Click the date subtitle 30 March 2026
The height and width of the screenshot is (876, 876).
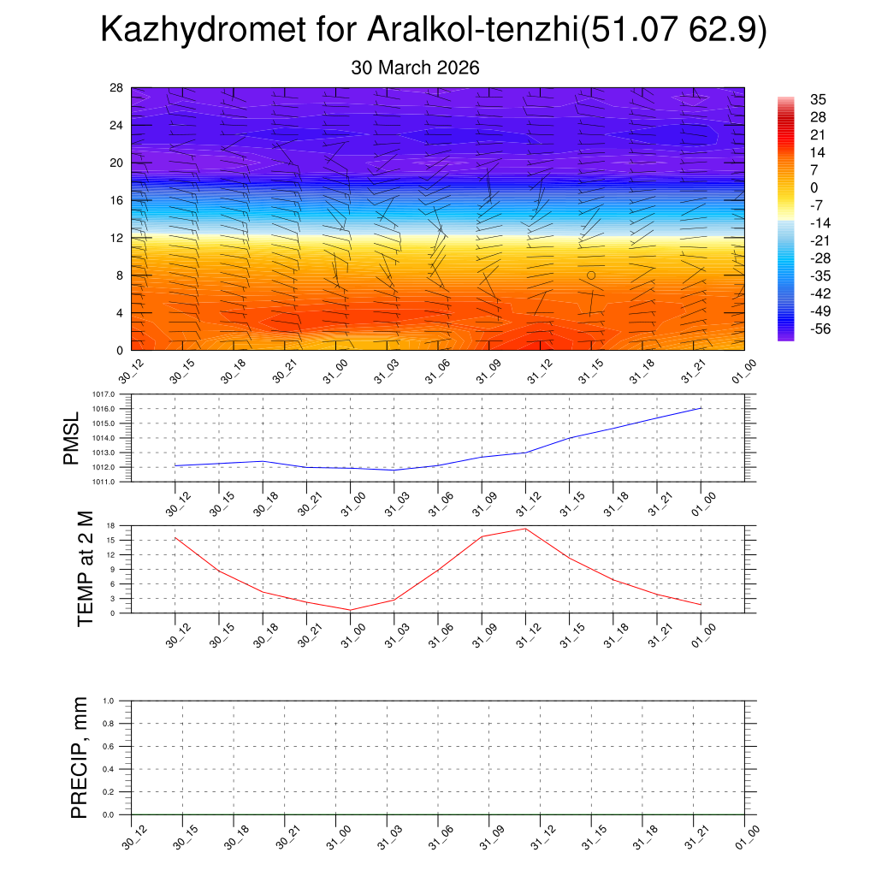pos(415,68)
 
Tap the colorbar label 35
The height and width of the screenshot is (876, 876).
pos(818,100)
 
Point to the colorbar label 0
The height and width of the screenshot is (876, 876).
pos(814,187)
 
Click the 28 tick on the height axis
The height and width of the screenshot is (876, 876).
pos(117,88)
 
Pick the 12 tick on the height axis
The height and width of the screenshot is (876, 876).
pos(117,238)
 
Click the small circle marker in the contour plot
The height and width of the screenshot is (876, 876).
pos(591,275)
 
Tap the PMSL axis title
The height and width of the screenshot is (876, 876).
pos(73,438)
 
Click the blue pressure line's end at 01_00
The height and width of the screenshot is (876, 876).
pos(701,408)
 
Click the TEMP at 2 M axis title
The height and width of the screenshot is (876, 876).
pos(85,569)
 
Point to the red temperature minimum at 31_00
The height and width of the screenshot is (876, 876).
pos(351,610)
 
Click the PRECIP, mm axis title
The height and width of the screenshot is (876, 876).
pos(80,758)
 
